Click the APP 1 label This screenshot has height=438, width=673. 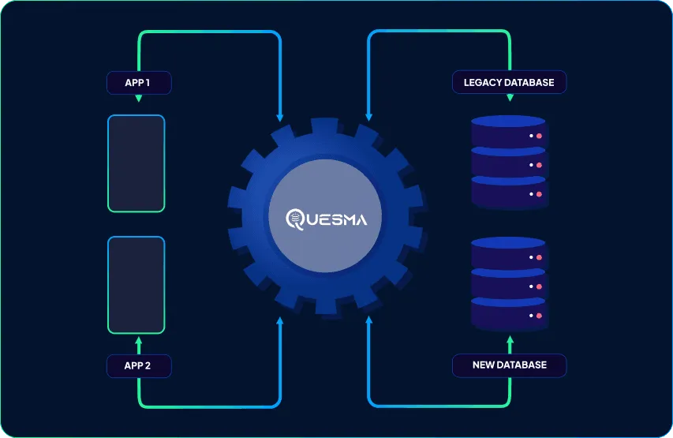click(x=139, y=82)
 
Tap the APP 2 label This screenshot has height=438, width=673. click(x=139, y=365)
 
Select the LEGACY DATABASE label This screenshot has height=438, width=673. click(x=509, y=82)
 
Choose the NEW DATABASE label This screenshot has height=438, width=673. click(x=509, y=365)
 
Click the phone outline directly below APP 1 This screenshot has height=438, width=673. click(x=136, y=163)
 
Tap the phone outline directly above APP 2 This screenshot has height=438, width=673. click(x=136, y=285)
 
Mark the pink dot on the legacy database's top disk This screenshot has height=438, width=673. click(x=540, y=137)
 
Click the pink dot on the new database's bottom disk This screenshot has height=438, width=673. click(x=540, y=316)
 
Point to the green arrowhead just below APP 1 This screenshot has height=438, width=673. click(x=139, y=99)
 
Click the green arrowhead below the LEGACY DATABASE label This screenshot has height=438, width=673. click(x=510, y=98)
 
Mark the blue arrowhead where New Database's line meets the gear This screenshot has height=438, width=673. click(x=368, y=320)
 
